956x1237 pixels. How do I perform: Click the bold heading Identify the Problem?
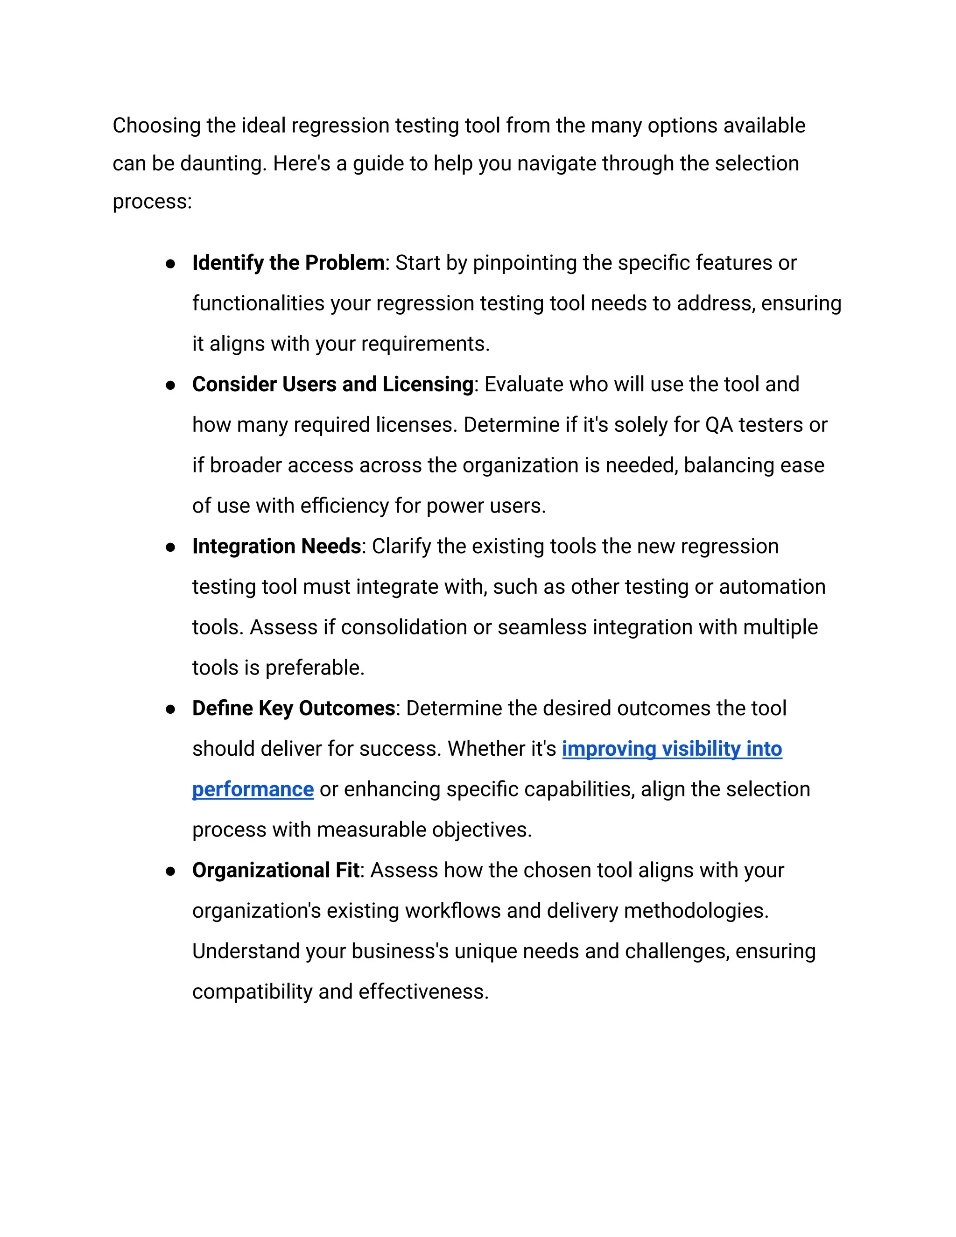(x=288, y=263)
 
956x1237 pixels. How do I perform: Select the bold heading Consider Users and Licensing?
(x=332, y=384)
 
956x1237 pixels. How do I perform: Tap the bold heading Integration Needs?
(x=276, y=546)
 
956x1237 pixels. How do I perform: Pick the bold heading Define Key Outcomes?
(x=293, y=708)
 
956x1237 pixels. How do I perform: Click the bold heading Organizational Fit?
(x=275, y=870)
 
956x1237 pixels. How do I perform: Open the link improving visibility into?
(x=672, y=749)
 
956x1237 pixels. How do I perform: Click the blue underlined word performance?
(x=253, y=789)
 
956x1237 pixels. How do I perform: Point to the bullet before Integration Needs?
(x=170, y=547)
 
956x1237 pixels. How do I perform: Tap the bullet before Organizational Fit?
(x=170, y=871)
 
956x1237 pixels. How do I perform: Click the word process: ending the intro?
(x=152, y=202)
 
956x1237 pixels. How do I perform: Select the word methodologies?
(x=696, y=911)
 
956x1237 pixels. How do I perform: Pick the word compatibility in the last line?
(x=252, y=992)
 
